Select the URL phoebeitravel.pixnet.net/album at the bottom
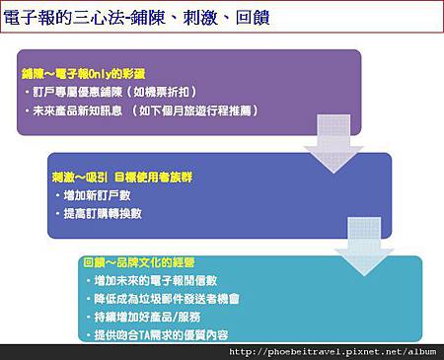coord(335,352)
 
